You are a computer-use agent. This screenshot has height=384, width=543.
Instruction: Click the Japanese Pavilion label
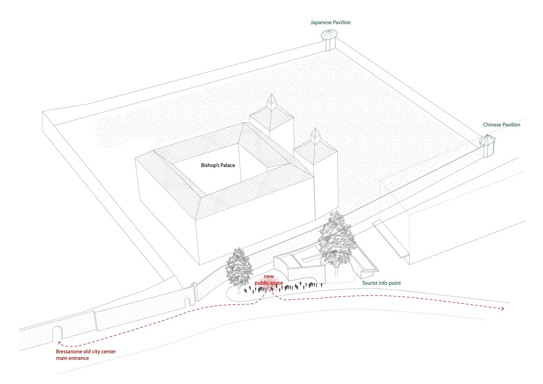330,23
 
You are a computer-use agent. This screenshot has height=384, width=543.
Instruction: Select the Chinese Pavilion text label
501,125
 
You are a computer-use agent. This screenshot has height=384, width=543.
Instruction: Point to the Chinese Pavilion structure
487,146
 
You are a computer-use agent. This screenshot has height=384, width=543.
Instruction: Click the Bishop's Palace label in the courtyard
218,165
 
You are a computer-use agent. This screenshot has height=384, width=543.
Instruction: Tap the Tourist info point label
381,283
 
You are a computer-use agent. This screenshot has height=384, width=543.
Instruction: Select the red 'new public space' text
269,280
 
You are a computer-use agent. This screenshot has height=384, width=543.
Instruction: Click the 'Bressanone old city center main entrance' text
86,355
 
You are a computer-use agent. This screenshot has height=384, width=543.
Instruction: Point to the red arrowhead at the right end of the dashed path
503,309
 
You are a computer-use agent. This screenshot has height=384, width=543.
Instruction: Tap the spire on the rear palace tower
271,102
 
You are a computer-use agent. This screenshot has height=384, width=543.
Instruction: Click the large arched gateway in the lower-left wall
57,333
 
